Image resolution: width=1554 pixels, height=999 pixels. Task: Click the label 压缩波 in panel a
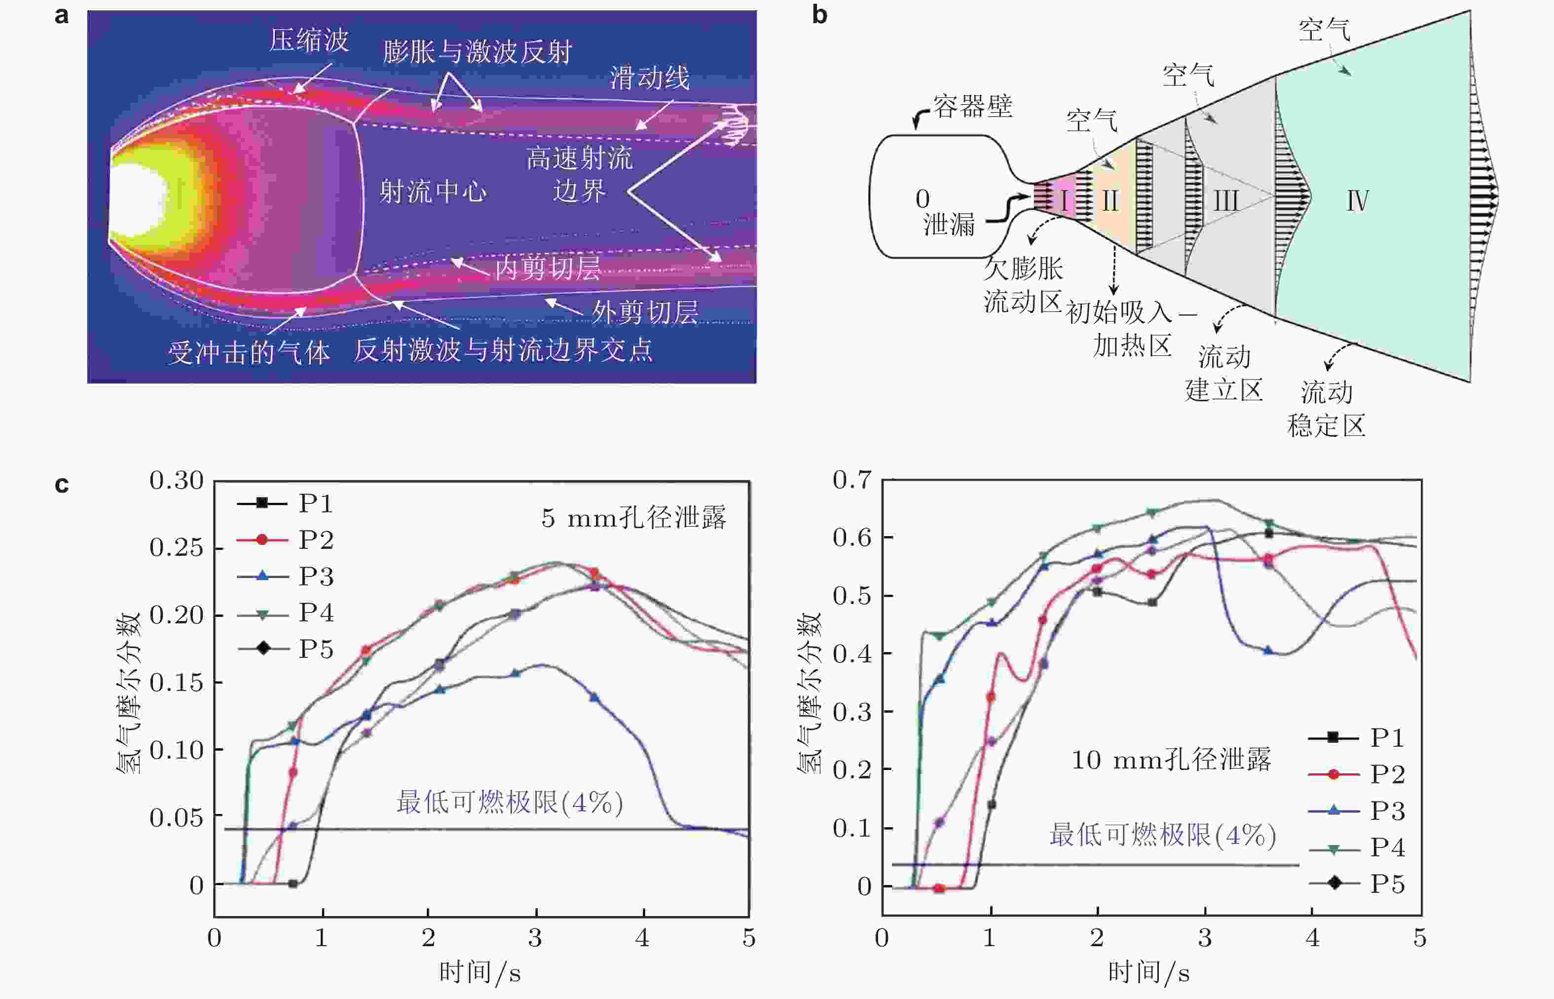(x=309, y=40)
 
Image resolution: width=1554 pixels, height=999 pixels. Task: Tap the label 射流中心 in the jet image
(x=433, y=192)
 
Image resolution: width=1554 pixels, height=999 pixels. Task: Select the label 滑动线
(x=650, y=78)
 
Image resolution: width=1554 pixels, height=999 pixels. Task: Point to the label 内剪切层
(x=548, y=268)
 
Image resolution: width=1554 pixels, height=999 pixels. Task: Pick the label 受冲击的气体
(x=249, y=353)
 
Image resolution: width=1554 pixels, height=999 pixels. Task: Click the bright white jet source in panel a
(x=138, y=196)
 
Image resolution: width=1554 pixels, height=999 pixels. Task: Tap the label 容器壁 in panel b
(x=972, y=107)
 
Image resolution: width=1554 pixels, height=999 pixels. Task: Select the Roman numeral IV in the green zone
(x=1358, y=200)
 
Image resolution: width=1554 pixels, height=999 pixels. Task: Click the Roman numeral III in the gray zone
(x=1226, y=200)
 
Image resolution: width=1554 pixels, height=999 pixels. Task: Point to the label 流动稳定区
(x=1327, y=409)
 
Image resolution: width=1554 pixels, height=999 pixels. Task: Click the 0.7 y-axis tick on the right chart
(x=852, y=480)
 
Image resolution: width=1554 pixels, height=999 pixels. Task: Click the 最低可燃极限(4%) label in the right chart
(x=1162, y=835)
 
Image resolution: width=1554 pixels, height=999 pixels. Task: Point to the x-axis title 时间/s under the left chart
(x=480, y=972)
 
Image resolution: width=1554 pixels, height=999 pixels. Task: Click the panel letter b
(x=819, y=14)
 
